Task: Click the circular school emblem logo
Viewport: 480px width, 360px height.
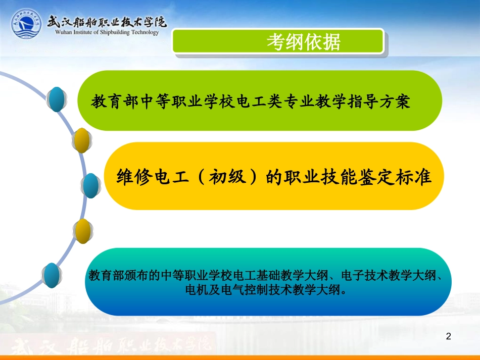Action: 27,23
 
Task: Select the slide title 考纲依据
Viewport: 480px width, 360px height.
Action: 304,42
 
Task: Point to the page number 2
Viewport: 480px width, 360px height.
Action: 448,337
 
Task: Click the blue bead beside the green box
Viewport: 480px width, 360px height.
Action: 57,99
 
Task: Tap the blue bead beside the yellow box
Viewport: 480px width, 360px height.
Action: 91,185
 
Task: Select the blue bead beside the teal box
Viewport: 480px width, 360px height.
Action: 52,275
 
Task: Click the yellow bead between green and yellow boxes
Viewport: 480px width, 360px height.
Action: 81,140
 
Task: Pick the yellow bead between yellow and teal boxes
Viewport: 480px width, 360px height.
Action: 82,232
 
